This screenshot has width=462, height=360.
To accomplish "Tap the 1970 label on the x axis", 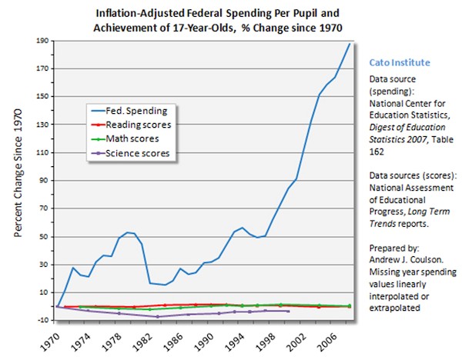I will point(52,338).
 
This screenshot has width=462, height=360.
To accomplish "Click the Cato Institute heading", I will point(400,62).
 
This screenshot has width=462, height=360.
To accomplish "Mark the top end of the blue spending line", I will point(350,44).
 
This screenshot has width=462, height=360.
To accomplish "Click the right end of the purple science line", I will point(288,311).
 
